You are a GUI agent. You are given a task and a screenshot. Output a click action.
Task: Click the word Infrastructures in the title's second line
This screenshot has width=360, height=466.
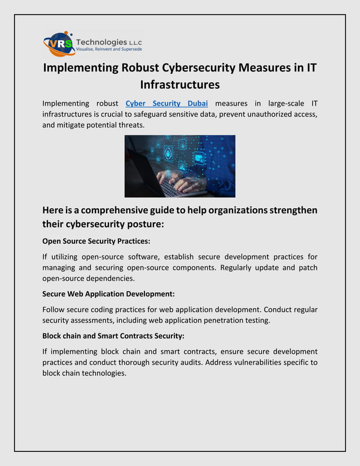[179, 85]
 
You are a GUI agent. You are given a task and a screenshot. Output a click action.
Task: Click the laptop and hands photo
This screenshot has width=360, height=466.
[179, 166]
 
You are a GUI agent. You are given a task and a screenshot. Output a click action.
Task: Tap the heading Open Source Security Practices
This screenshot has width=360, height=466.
[96, 241]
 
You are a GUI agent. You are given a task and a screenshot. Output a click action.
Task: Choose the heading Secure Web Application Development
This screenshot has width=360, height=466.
[108, 294]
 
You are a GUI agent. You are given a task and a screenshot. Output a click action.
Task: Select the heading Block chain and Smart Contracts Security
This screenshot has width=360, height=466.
[113, 336]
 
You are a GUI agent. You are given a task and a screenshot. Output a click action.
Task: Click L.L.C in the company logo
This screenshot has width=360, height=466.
[136, 42]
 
